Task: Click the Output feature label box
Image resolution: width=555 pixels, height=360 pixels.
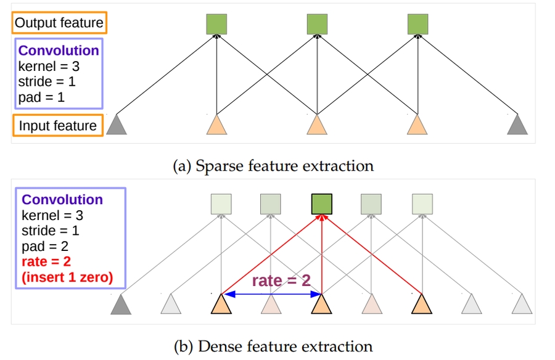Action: pyautogui.click(x=59, y=23)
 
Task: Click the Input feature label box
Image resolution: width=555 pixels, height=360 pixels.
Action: pyautogui.click(x=57, y=126)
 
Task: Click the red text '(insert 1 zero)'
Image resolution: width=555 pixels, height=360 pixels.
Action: pyautogui.click(x=67, y=278)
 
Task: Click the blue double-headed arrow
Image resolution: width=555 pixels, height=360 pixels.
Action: pyautogui.click(x=271, y=295)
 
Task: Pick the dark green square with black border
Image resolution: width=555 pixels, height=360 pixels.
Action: pyautogui.click(x=321, y=203)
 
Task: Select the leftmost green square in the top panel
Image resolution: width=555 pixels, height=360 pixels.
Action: pyautogui.click(x=216, y=24)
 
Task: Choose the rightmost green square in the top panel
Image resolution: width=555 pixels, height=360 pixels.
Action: pyautogui.click(x=417, y=24)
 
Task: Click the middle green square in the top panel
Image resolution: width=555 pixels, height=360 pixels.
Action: pyautogui.click(x=317, y=24)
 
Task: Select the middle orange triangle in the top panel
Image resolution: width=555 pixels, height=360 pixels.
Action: pyautogui.click(x=317, y=125)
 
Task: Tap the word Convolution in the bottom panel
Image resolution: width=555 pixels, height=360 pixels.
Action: pyautogui.click(x=62, y=200)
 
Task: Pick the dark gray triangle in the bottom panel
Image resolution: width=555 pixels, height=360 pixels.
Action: pyautogui.click(x=121, y=304)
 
